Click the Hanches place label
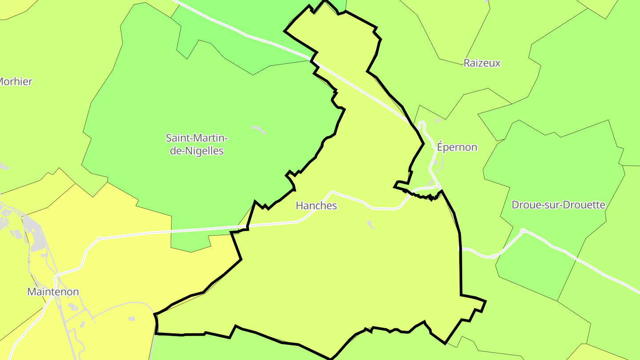pyautogui.click(x=316, y=206)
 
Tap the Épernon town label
pyautogui.click(x=457, y=147)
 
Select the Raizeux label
pyautogui.click(x=482, y=63)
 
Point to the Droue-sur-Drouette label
pyautogui.click(x=558, y=205)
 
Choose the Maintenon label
pyautogui.click(x=53, y=292)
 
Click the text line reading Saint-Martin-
pyautogui.click(x=197, y=138)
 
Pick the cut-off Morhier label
pyautogui.click(x=16, y=82)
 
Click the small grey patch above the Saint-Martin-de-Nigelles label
pyautogui.click(x=259, y=130)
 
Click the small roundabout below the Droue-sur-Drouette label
pyautogui.click(x=523, y=230)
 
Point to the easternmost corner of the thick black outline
pyautogui.click(x=485, y=301)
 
